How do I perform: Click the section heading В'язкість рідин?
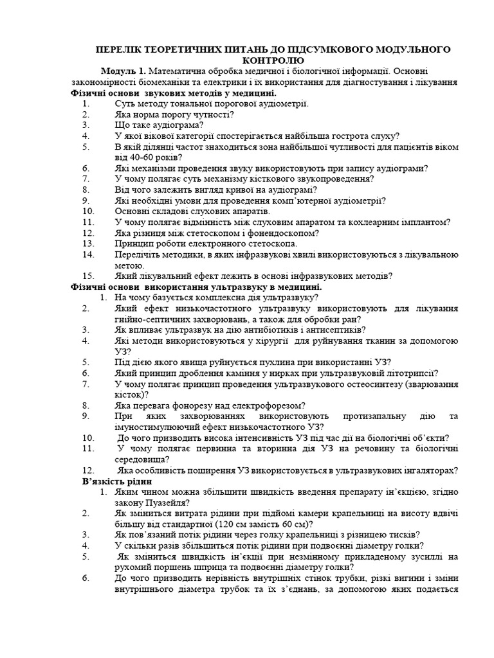[117, 481]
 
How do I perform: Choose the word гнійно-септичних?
[149, 319]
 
